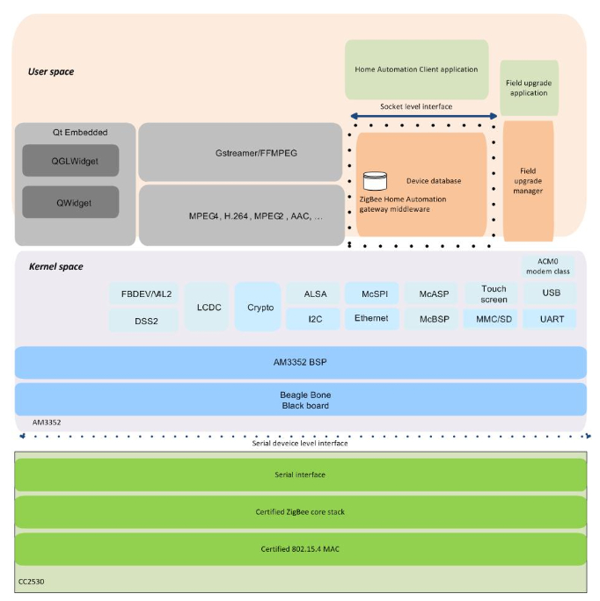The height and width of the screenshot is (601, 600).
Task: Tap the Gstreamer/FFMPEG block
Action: click(x=240, y=152)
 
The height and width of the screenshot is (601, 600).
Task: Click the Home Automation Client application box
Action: click(x=416, y=69)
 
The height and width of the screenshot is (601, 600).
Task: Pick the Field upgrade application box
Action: click(x=529, y=88)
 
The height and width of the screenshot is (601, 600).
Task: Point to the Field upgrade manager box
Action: click(x=528, y=180)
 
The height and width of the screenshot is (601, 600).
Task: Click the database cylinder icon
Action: click(x=375, y=181)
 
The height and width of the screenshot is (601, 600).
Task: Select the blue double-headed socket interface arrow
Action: click(x=423, y=116)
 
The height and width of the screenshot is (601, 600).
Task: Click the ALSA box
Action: click(x=315, y=294)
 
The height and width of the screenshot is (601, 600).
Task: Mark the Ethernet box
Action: click(x=372, y=319)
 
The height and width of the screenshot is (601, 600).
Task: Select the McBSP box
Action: click(x=435, y=319)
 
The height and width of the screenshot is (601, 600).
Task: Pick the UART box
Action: click(x=551, y=319)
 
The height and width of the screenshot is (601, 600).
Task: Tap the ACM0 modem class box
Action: click(x=547, y=266)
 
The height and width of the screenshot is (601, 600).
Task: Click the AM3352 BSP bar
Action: click(x=300, y=362)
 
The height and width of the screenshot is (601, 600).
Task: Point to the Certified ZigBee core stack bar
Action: click(x=300, y=511)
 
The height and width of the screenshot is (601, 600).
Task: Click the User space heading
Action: click(x=51, y=71)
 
